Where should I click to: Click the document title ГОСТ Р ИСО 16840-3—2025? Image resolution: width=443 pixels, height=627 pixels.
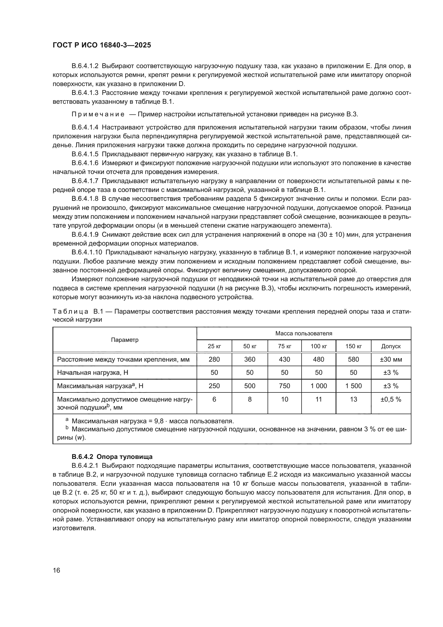click(x=102, y=45)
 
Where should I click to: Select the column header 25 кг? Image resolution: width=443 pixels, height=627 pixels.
click(x=214, y=346)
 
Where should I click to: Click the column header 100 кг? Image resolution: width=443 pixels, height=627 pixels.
click(x=319, y=346)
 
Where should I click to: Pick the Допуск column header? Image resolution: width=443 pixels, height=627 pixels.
click(x=391, y=346)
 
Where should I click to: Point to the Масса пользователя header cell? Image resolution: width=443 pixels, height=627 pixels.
click(x=304, y=333)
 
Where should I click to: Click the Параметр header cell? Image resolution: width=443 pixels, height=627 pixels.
click(x=125, y=340)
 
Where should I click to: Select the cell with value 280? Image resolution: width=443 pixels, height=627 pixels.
click(x=214, y=359)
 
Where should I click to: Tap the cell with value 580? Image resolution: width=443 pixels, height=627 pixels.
click(x=353, y=359)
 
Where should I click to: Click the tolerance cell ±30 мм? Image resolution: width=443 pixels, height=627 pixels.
click(x=391, y=359)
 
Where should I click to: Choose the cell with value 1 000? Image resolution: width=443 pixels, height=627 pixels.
click(x=319, y=386)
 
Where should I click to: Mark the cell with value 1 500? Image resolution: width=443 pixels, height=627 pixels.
click(x=353, y=386)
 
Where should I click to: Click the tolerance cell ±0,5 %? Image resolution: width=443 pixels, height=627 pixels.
click(x=391, y=399)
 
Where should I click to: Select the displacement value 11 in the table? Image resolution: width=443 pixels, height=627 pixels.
click(x=319, y=399)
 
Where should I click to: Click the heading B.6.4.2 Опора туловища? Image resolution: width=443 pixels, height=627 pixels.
click(x=112, y=457)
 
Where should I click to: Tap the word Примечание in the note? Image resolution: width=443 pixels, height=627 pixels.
click(x=98, y=114)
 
